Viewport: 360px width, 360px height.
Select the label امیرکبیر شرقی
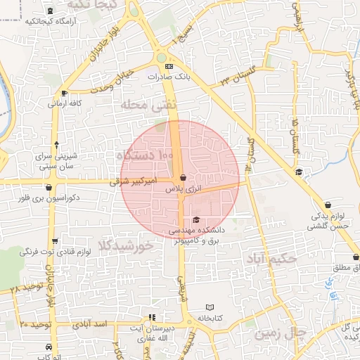tap(132, 181)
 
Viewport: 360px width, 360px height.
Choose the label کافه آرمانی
tap(65, 103)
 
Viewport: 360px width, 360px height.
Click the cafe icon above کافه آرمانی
tap(65, 92)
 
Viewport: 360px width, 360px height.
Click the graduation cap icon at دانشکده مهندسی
tap(195, 220)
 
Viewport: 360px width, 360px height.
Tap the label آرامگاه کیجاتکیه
tap(50, 21)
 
